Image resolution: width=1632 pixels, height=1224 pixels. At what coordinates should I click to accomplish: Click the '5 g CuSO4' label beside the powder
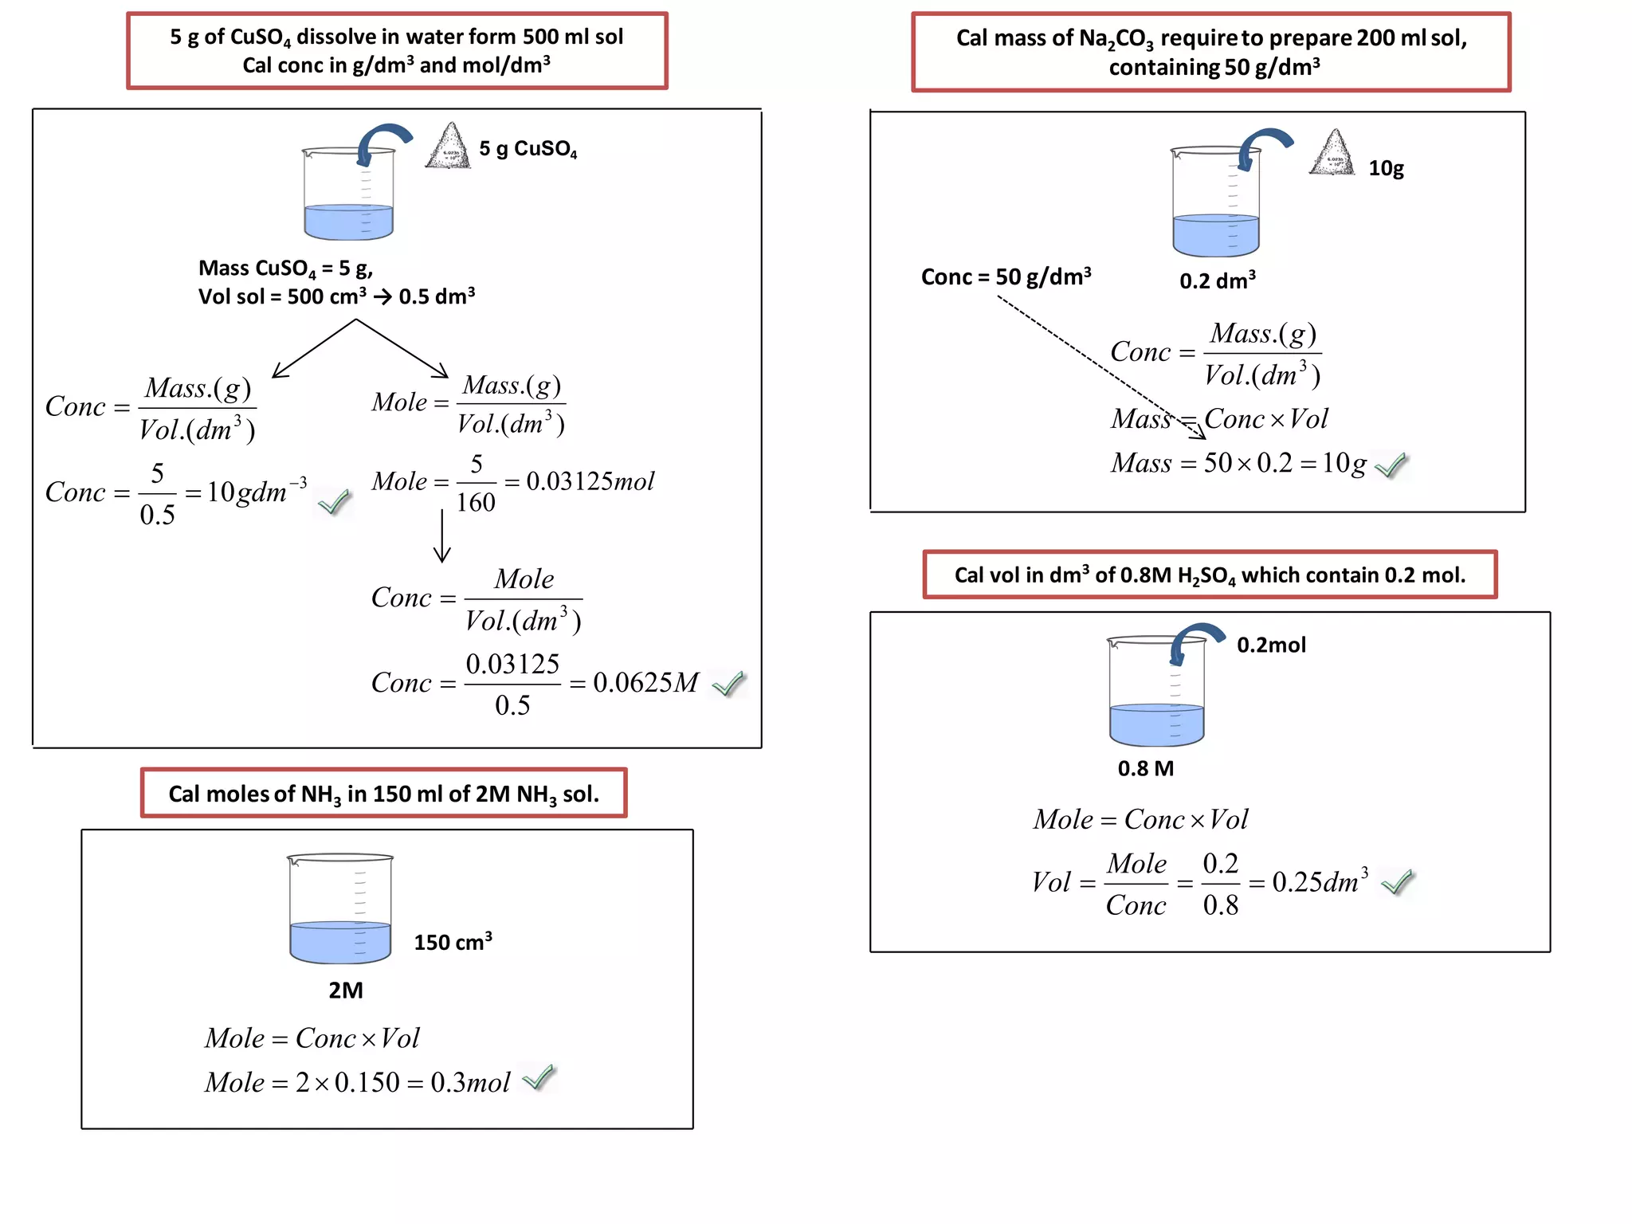(528, 149)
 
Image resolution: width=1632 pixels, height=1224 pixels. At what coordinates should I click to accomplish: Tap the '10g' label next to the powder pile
(1386, 168)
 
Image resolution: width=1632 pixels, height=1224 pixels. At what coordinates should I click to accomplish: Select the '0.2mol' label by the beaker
(1271, 645)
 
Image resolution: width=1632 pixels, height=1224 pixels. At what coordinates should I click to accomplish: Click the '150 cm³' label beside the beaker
(453, 942)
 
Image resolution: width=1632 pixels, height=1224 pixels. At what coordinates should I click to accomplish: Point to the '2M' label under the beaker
(345, 990)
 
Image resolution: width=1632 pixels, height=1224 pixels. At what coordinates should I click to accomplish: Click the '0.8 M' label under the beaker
(1145, 768)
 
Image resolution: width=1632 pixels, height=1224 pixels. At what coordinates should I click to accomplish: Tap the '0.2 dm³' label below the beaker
(1217, 280)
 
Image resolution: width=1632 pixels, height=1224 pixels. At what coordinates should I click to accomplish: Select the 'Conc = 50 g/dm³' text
(1006, 277)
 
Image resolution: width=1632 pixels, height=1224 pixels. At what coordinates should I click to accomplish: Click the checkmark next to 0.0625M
(728, 684)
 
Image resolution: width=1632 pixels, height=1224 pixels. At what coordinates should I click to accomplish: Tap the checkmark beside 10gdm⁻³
(334, 502)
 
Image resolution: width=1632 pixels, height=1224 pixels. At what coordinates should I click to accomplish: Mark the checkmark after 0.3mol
(539, 1077)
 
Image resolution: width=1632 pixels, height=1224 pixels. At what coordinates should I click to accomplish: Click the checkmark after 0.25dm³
(1397, 881)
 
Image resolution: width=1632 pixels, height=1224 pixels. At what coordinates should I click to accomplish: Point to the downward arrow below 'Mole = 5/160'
(442, 536)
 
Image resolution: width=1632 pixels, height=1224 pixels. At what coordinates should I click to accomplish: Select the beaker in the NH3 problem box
(340, 908)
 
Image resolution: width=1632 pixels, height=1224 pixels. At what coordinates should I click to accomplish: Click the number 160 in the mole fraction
(476, 502)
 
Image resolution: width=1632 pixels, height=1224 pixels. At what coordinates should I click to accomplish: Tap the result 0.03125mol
(590, 481)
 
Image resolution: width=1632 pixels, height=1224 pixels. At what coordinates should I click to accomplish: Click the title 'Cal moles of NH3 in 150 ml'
(383, 794)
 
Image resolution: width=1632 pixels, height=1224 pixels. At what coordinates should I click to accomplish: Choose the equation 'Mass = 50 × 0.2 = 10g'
(1238, 463)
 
